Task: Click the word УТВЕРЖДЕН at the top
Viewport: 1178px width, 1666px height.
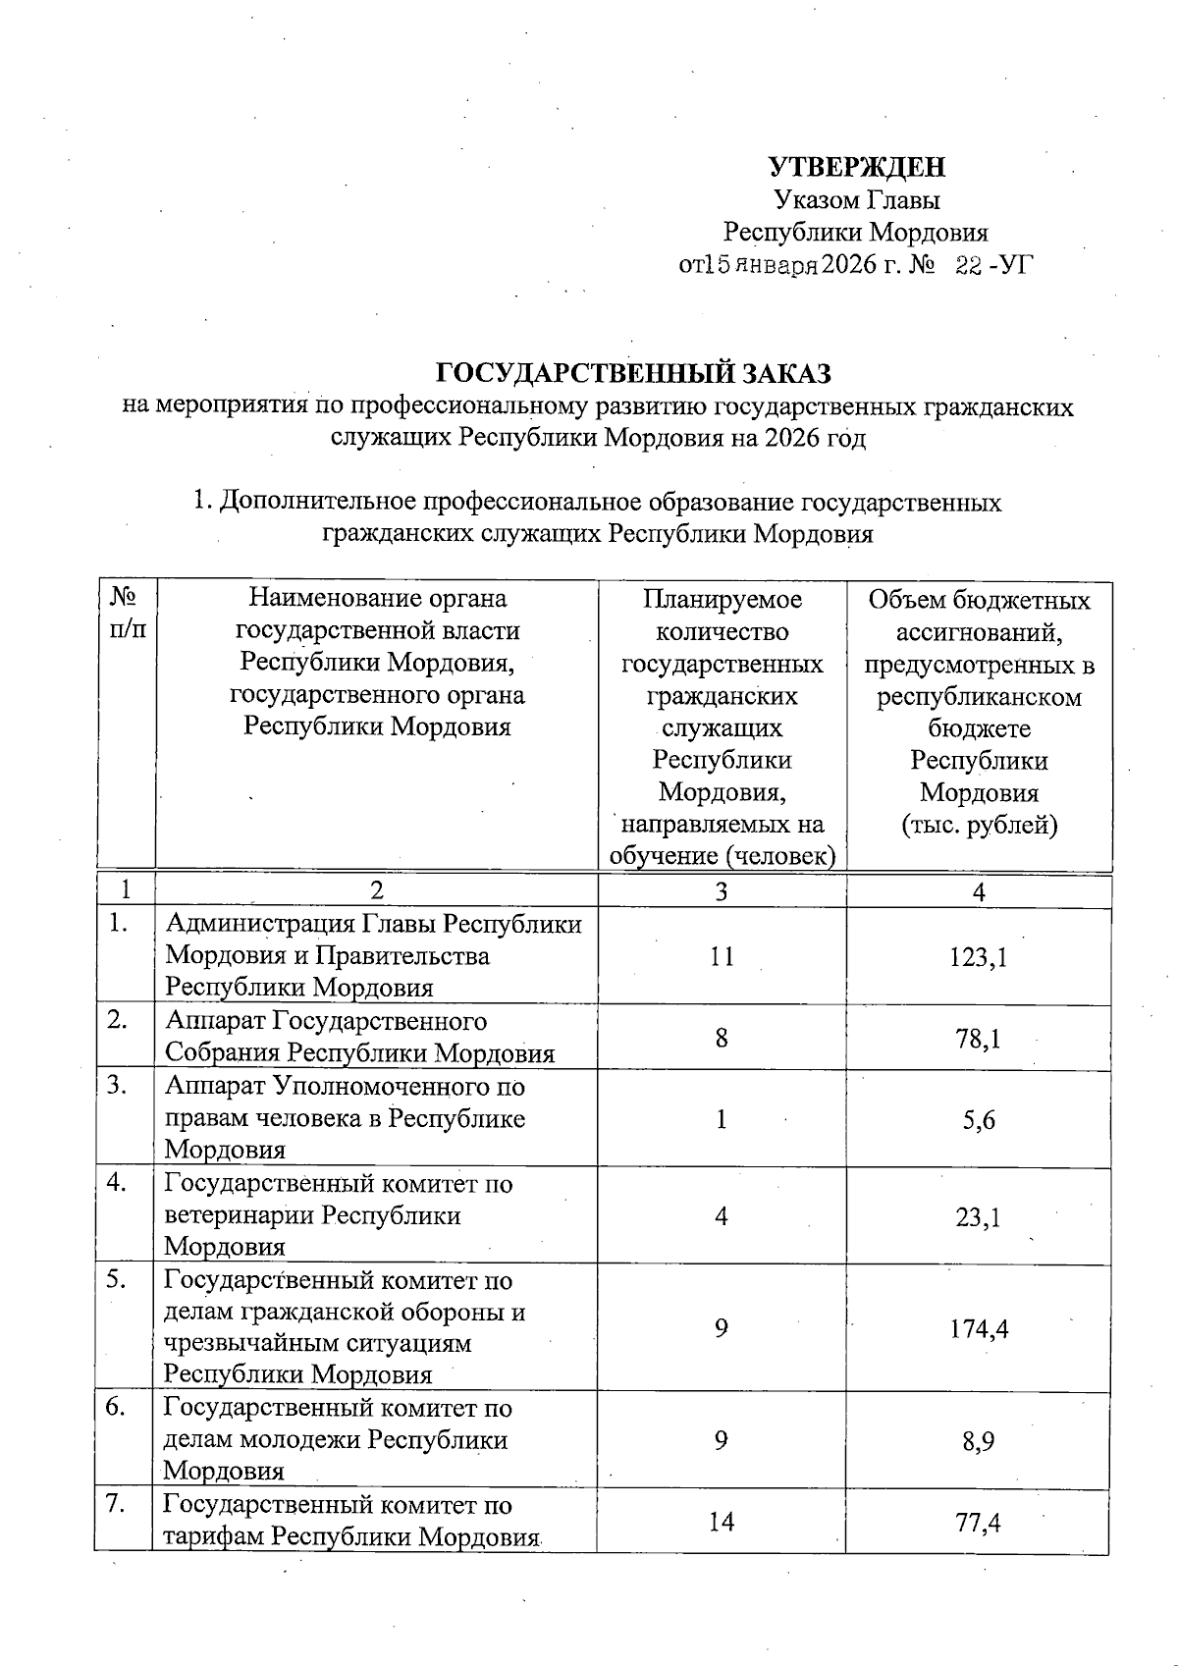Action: point(856,166)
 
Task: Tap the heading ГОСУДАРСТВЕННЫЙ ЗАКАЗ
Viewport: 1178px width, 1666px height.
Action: point(633,374)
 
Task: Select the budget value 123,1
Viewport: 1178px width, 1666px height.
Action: point(978,957)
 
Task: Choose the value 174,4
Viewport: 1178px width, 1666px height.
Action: point(979,1329)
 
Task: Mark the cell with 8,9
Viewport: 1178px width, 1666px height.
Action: point(979,1441)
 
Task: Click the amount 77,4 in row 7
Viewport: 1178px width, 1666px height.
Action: point(978,1523)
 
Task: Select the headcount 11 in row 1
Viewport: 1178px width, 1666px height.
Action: point(722,956)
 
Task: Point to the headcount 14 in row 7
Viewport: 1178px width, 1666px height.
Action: point(722,1522)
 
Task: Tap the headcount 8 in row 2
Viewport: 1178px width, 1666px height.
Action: point(722,1038)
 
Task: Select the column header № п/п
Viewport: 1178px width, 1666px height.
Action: point(125,614)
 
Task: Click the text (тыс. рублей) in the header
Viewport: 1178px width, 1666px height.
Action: point(979,825)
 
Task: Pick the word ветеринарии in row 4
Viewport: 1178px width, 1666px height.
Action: point(241,1215)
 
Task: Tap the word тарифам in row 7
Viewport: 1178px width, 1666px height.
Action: point(214,1536)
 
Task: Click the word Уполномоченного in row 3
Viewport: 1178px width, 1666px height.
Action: point(398,1087)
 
